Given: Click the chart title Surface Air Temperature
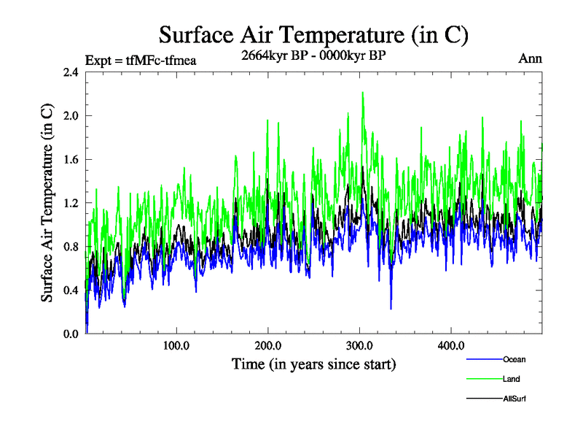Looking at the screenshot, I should (x=313, y=35).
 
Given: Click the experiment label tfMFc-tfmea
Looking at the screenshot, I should (x=141, y=61).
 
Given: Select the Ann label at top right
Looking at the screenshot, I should (x=530, y=59).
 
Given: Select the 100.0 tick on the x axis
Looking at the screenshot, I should (x=177, y=346).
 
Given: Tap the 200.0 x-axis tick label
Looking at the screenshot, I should (x=268, y=346).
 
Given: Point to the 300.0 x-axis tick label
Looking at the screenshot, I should (x=359, y=346).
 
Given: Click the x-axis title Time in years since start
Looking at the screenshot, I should (x=313, y=364).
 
